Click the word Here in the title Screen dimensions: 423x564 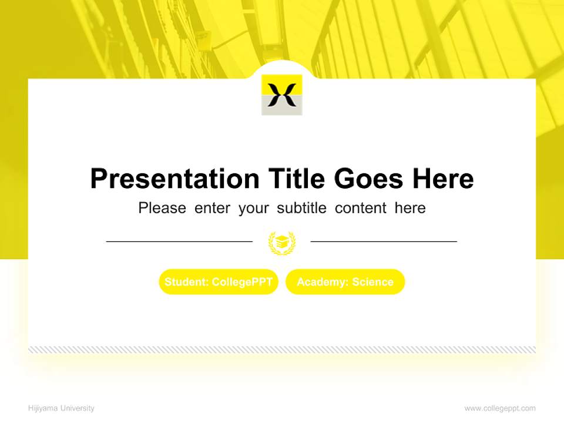tap(442, 179)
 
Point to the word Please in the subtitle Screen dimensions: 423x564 tap(162, 208)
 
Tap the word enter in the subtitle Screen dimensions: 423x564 tap(212, 208)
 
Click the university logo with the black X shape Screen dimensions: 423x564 tap(282, 95)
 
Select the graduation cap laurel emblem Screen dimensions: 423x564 tap(282, 242)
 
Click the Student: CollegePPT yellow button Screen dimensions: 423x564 tap(219, 282)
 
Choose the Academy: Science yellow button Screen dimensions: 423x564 tap(345, 282)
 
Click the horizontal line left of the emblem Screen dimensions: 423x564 tap(179, 241)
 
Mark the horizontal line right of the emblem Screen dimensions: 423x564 tap(384, 241)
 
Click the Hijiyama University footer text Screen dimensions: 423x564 tap(61, 408)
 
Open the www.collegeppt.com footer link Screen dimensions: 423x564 tap(500, 408)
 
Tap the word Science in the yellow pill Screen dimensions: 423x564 tap(372, 282)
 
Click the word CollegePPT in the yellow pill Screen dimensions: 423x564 tap(242, 282)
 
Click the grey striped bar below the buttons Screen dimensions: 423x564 tap(282, 350)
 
